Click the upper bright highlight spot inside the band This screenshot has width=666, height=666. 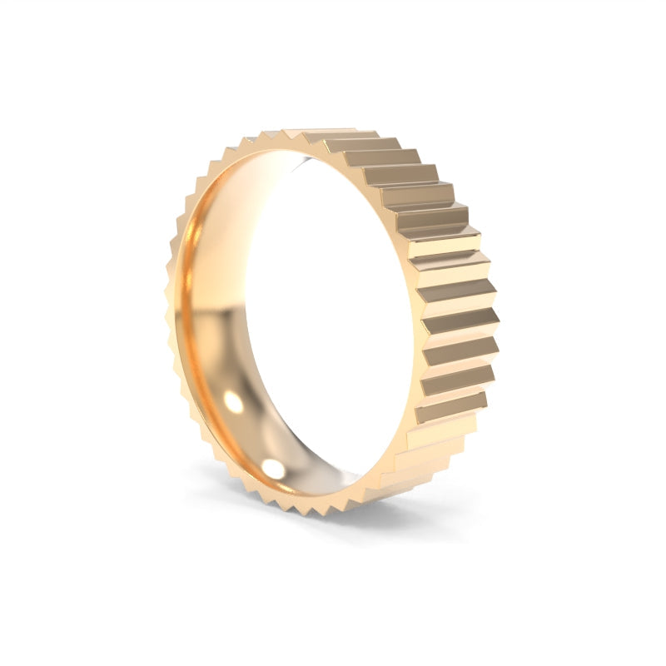pyautogui.click(x=234, y=403)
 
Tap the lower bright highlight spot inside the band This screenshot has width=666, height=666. pyautogui.click(x=273, y=468)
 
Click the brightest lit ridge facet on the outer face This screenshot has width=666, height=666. pyautogui.click(x=446, y=246)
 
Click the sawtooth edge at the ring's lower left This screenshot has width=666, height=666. pyautogui.click(x=208, y=441)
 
